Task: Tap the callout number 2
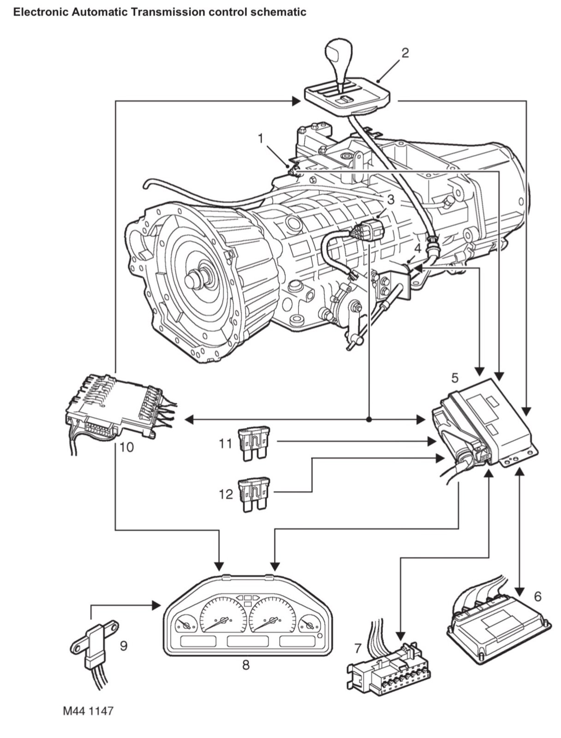tap(404, 53)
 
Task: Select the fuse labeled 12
tap(253, 495)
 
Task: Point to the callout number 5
tap(455, 378)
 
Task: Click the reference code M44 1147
tap(88, 711)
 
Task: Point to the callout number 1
tap(261, 138)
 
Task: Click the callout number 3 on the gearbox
tap(391, 200)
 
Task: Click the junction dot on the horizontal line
tap(369, 420)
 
